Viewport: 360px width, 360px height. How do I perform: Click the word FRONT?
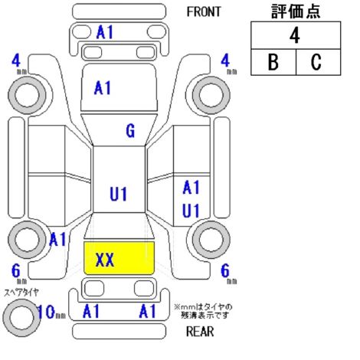[204, 11]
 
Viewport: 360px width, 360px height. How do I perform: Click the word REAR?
[200, 332]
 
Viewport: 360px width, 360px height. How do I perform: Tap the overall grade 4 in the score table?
[295, 35]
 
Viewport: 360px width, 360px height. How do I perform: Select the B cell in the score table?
[273, 62]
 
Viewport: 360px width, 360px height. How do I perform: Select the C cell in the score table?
[318, 62]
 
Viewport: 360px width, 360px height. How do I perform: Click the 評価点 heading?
[296, 11]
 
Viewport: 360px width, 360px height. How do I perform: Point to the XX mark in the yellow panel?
[105, 260]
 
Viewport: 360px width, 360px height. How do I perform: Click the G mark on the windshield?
[130, 131]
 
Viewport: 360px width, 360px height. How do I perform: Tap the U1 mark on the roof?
[118, 194]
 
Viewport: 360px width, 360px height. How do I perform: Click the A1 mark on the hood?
[103, 88]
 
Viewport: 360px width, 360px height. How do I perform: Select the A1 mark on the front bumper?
[105, 32]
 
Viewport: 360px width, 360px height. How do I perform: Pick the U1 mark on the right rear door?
[191, 211]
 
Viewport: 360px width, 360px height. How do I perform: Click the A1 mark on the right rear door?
[191, 188]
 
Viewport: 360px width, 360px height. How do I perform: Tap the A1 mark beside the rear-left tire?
[57, 239]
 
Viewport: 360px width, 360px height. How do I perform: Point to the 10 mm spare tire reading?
[51, 312]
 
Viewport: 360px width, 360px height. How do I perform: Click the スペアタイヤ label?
[21, 293]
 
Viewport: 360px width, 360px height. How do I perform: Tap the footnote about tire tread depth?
[203, 311]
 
